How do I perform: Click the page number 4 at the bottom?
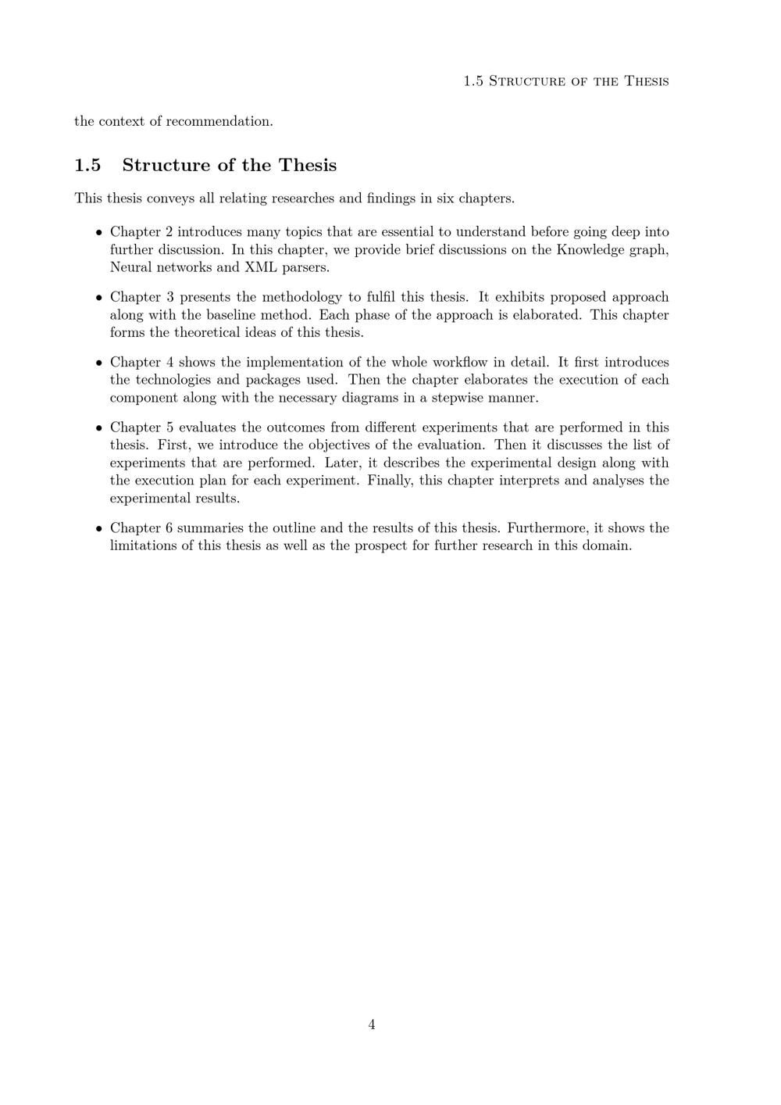[x=372, y=1025]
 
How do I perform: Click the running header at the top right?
[x=565, y=81]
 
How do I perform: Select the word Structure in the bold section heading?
[x=166, y=166]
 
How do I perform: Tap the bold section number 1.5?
[x=87, y=166]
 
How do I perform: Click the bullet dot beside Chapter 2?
[x=99, y=233]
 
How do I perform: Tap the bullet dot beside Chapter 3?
[x=99, y=298]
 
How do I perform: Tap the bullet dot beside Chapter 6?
[x=99, y=529]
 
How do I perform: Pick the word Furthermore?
[x=547, y=528]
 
